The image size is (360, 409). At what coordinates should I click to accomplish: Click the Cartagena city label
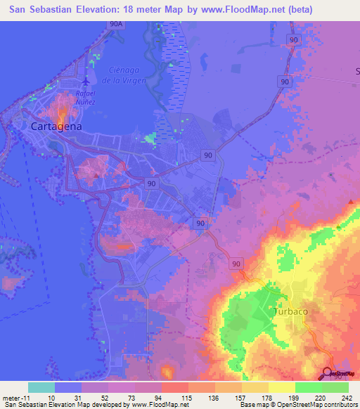tap(56, 126)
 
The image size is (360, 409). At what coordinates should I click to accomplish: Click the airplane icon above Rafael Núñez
tap(85, 79)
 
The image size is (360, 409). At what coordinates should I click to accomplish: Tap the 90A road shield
tap(117, 23)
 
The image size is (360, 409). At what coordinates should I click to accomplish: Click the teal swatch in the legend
tap(41, 387)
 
